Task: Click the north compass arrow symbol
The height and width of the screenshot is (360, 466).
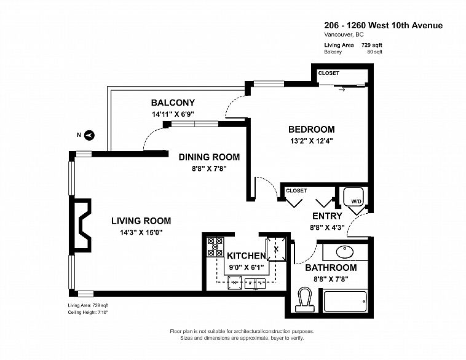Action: coord(90,135)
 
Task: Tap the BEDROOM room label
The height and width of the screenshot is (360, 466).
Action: coord(312,130)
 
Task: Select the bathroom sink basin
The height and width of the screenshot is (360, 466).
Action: coord(345,252)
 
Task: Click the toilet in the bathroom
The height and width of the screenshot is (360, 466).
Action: coord(305,299)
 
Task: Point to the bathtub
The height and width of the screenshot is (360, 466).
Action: coord(345,302)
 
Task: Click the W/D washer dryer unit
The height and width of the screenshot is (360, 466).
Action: coord(353,197)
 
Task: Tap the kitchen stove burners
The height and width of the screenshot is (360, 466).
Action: coord(215,247)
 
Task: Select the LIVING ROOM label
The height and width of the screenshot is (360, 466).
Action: coord(141,221)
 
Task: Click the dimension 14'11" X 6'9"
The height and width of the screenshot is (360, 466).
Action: coord(173,114)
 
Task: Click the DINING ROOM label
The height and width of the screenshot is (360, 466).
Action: coord(209,157)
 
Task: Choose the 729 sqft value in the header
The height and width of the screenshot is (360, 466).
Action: coord(371,45)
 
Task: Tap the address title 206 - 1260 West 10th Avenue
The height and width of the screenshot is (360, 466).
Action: coord(384,26)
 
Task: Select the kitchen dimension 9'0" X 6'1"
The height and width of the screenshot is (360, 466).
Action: coord(247,267)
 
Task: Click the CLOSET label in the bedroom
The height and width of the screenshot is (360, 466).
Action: coord(329,73)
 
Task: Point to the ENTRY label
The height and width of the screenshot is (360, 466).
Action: coord(327,216)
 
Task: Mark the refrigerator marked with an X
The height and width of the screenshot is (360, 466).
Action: coord(276,249)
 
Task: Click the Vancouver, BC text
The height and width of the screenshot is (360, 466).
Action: coord(344,34)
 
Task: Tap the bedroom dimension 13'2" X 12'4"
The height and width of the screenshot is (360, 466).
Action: coord(312,141)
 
